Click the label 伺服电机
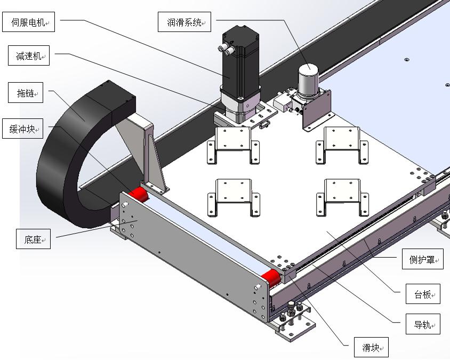(30, 23)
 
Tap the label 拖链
(26, 93)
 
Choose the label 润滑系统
(184, 22)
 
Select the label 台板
(423, 293)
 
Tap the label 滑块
(371, 348)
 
